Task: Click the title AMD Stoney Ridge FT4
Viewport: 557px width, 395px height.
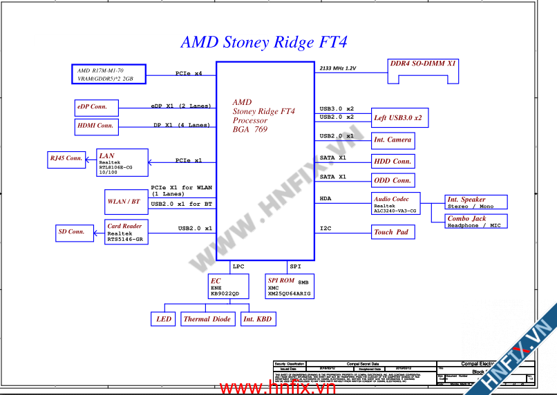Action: click(263, 42)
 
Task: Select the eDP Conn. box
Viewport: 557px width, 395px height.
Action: click(96, 108)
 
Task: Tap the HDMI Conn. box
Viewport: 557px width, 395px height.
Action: click(96, 126)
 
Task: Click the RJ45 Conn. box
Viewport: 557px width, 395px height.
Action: click(66, 159)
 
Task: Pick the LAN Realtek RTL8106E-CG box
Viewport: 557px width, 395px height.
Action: click(122, 163)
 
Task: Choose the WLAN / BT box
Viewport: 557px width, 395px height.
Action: click(124, 202)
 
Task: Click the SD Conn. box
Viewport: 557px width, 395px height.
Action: click(71, 232)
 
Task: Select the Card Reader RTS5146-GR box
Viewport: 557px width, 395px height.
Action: click(126, 232)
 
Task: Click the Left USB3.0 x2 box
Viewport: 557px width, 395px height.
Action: click(399, 118)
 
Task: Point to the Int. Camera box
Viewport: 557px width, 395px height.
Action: click(393, 140)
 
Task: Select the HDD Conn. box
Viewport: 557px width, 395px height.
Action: click(393, 162)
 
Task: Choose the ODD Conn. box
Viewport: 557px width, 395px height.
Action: click(393, 181)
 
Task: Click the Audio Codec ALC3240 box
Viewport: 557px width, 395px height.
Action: click(395, 205)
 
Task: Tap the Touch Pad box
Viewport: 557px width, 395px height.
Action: click(393, 233)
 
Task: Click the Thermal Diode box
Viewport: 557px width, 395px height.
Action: click(207, 319)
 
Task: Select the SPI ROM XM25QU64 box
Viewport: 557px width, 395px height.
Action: click(290, 287)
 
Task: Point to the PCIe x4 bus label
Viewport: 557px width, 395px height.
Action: click(189, 73)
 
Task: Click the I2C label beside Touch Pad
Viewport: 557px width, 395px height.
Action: click(325, 228)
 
